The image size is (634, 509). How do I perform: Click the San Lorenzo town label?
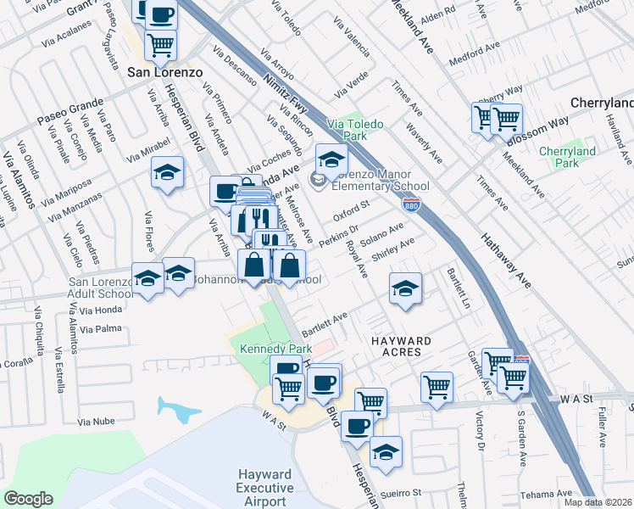[164, 72]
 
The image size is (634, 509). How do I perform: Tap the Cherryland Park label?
[568, 158]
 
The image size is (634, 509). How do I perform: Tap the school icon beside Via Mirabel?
[168, 171]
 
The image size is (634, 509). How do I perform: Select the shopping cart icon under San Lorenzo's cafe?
[160, 43]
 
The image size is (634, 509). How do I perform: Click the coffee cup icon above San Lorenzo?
[161, 14]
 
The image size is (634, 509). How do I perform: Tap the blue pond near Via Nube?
[179, 410]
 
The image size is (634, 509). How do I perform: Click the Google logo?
[29, 499]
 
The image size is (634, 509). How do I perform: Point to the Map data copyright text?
[598, 502]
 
